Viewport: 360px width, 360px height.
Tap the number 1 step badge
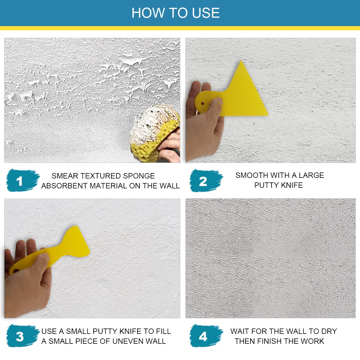pos(22,181)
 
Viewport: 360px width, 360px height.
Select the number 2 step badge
pos(206,181)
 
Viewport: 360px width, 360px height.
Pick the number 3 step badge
pos(22,336)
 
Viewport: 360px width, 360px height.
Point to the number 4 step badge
pos(206,336)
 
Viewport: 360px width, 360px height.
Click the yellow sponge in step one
pos(155,133)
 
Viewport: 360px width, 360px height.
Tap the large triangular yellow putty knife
pos(233,93)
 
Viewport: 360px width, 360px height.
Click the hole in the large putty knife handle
pos(202,103)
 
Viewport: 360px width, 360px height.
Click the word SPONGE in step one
pos(139,176)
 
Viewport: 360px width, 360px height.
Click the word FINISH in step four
pos(270,341)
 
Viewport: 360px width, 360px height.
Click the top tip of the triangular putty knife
pos(241,61)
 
